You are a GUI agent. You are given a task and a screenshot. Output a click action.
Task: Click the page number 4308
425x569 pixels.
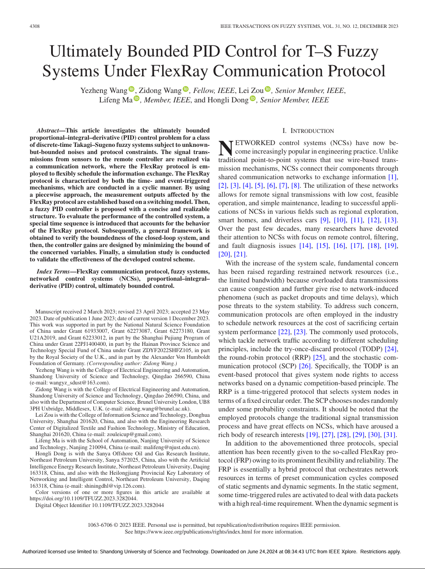35,26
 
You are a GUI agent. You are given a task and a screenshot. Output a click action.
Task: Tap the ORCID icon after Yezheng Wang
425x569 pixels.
131,90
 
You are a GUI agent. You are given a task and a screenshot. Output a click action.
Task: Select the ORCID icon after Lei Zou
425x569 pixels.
268,90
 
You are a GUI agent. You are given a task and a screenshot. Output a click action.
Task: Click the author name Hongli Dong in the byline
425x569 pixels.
228,100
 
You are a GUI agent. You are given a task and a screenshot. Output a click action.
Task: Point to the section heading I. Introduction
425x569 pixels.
308,131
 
